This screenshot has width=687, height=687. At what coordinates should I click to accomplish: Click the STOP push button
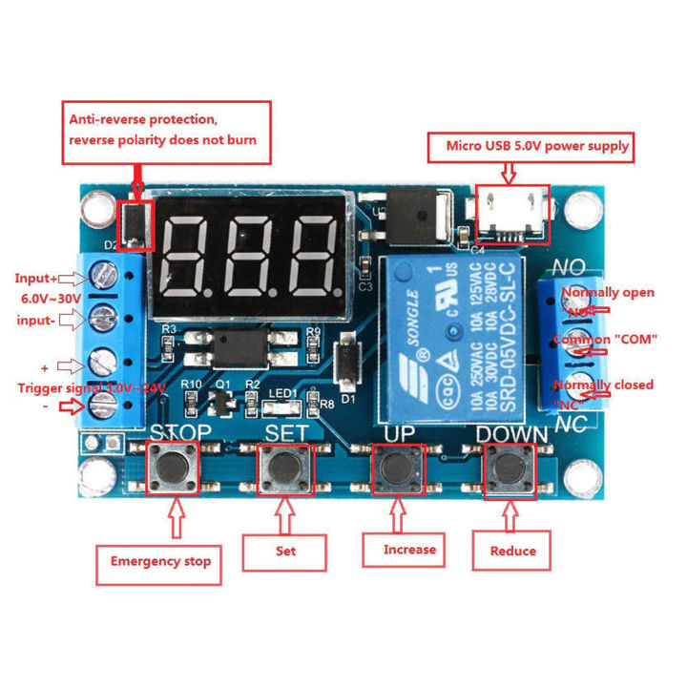(173, 468)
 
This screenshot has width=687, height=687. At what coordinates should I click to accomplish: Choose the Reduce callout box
(512, 551)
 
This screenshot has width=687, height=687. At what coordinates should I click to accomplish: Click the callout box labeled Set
(285, 552)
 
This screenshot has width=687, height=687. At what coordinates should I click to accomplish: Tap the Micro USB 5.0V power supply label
(538, 146)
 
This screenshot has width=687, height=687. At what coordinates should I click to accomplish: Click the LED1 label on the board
(281, 393)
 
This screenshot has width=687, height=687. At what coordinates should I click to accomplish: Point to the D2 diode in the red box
(135, 223)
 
